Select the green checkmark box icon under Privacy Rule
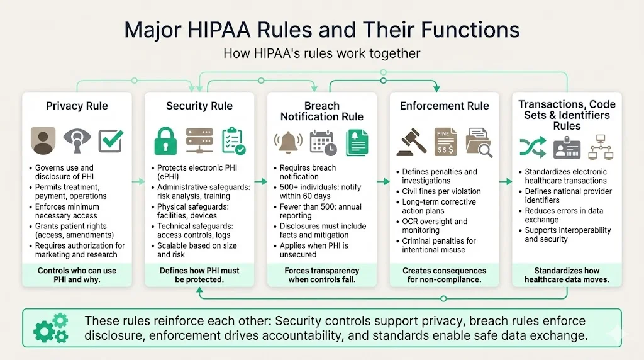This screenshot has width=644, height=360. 111,141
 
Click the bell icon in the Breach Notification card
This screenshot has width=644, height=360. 289,142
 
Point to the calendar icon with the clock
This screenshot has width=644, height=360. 323,142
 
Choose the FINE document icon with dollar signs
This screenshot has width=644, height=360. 445,142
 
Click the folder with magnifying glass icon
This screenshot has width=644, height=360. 479,142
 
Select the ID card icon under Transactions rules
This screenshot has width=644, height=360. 567,147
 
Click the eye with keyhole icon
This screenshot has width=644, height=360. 77,141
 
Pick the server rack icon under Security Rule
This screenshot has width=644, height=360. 200,141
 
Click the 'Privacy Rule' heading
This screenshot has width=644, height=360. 77,106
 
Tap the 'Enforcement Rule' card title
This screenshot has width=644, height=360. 444,106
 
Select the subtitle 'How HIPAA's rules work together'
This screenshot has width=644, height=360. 321,53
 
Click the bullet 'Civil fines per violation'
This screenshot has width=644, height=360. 441,191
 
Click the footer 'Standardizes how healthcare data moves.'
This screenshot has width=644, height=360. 567,274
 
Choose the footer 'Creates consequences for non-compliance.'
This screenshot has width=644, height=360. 444,274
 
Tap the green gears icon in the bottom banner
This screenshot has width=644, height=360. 51,328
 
